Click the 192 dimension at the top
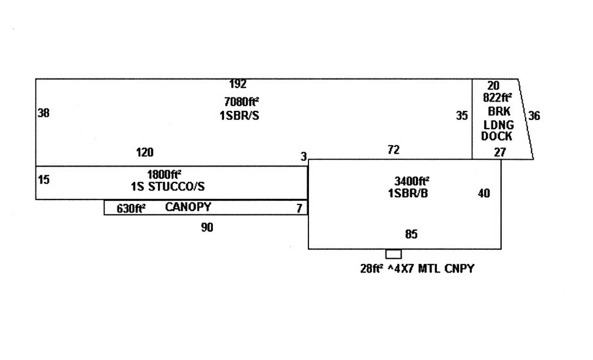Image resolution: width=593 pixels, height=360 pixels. coord(237,84)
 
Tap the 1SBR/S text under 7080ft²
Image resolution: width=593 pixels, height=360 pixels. coord(239,115)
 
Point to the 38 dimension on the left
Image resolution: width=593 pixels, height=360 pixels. coord(43,113)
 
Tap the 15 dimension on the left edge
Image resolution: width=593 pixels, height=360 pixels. coord(43,180)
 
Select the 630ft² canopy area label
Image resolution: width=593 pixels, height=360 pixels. coord(131,209)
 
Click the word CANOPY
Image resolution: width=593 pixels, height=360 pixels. coord(188,208)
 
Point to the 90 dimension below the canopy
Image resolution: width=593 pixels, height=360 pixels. coord(207,228)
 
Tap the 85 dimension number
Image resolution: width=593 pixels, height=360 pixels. coord(411,234)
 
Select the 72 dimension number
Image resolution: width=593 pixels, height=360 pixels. coord(393,149)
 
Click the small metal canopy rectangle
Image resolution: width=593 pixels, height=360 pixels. coord(393,254)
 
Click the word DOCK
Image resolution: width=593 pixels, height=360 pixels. coord(496,137)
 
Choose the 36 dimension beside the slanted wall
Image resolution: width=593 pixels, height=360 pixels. coord(534,116)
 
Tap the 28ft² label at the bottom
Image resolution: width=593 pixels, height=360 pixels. coord(371,268)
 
